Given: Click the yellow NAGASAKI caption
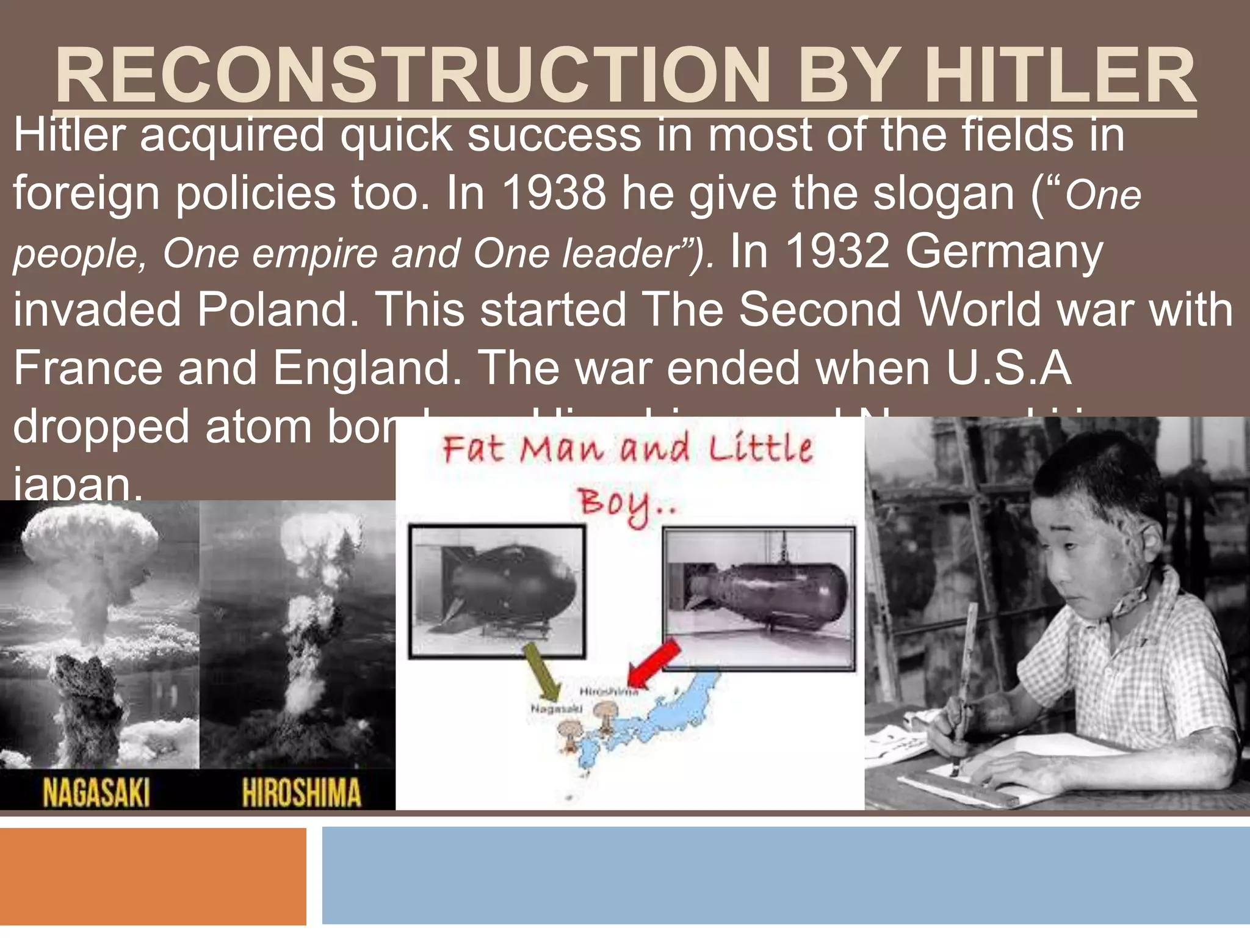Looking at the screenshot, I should coord(96,793).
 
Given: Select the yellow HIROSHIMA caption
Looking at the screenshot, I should coord(302,793).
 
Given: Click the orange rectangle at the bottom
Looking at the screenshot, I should coord(153,876).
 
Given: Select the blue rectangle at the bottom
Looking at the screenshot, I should coord(786,876).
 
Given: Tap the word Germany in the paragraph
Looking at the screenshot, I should coord(1004,252).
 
